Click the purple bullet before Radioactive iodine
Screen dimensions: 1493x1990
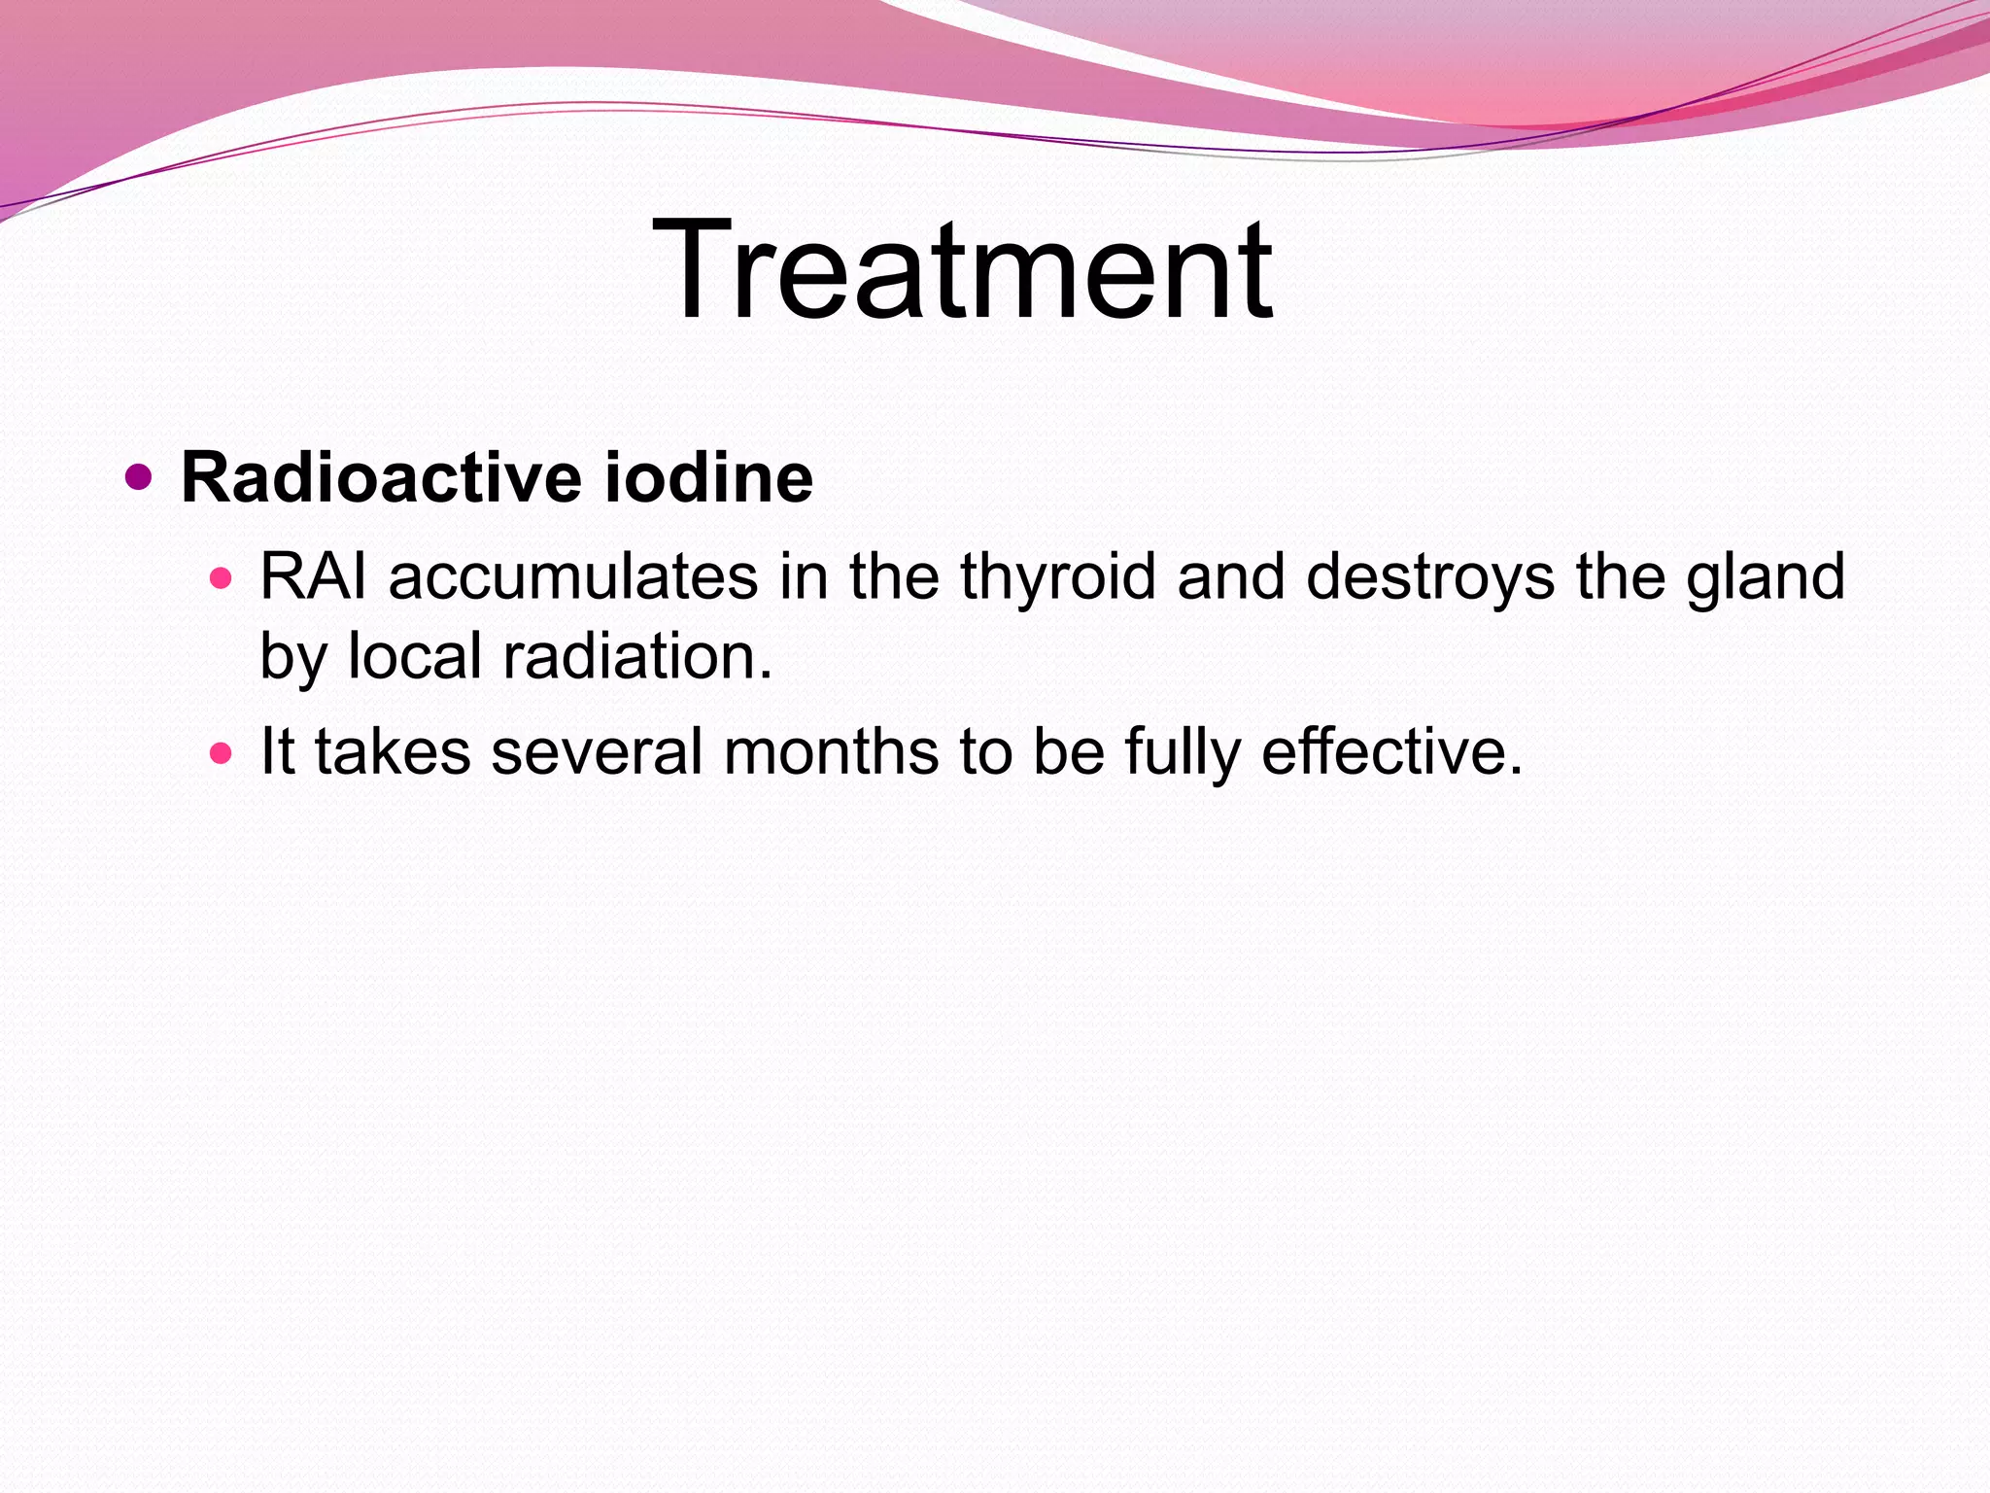(140, 477)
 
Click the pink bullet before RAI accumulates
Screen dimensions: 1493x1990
(222, 579)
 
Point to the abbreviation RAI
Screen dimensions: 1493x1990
(313, 576)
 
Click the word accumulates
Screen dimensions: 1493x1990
(573, 576)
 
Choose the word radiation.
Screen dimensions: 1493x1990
(637, 656)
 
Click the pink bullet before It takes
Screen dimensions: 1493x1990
(222, 753)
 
